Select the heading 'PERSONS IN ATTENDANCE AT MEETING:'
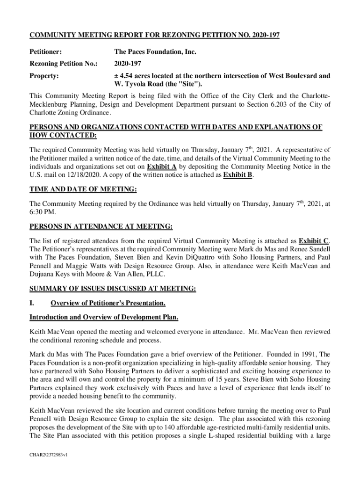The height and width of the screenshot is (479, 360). [x=101, y=227]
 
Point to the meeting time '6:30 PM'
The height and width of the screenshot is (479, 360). [x=43, y=212]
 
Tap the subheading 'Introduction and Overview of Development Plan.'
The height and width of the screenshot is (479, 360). [x=104, y=318]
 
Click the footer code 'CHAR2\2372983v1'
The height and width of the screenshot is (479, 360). [x=49, y=454]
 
